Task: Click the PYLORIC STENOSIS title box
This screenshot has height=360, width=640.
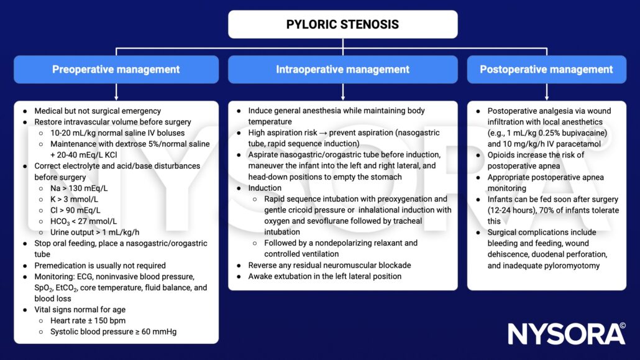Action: tap(342, 25)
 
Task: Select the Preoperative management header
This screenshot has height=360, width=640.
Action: tap(116, 70)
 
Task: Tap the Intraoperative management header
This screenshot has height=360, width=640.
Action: tap(342, 70)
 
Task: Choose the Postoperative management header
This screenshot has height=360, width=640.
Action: tap(546, 70)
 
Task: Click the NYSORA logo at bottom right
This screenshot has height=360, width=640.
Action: tap(565, 334)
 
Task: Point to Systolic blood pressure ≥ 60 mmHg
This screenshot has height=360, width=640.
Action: tap(113, 331)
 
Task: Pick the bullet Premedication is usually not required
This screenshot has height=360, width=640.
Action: tap(99, 265)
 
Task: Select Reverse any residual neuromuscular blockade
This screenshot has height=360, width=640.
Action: tap(329, 265)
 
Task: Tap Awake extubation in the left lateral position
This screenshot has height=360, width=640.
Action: tap(324, 276)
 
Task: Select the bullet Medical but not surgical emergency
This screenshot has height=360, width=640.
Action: tap(98, 111)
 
